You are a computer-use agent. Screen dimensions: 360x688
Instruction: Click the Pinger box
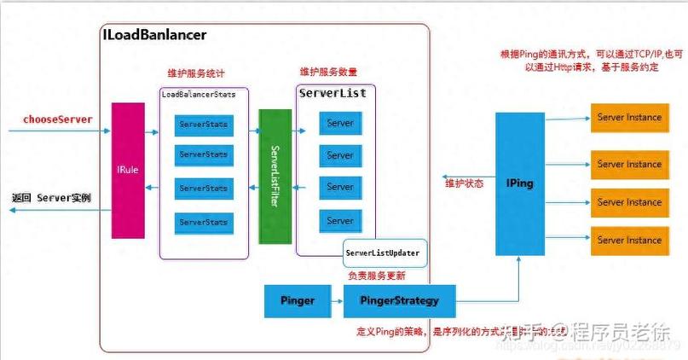click(x=298, y=300)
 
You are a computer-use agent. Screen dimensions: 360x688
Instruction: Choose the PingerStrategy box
click(x=399, y=300)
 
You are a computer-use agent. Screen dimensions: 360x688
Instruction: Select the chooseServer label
click(x=58, y=119)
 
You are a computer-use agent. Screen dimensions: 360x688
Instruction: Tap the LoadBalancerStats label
click(x=199, y=95)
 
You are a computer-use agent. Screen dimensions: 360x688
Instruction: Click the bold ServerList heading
click(x=332, y=92)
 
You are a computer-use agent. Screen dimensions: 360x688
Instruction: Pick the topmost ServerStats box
click(x=204, y=125)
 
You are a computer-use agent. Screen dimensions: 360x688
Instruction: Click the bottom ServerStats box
click(x=204, y=223)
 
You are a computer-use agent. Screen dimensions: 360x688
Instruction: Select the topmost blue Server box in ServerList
click(x=340, y=124)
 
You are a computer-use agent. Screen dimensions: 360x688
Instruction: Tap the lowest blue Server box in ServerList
click(x=340, y=221)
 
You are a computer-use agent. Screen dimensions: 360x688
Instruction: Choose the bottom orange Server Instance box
click(x=629, y=240)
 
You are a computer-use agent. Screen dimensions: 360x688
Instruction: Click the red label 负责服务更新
click(x=377, y=276)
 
